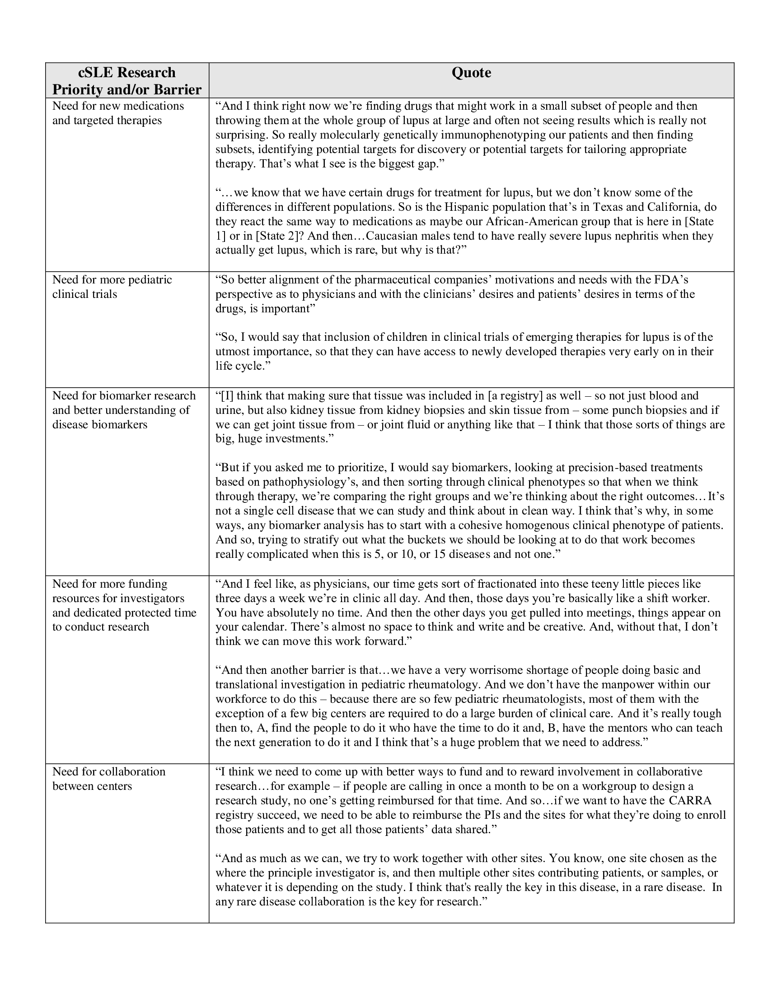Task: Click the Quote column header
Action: coord(471,73)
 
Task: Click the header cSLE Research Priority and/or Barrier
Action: coord(127,81)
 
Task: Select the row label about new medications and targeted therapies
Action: coord(118,113)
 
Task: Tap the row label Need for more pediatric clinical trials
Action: coord(112,287)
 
